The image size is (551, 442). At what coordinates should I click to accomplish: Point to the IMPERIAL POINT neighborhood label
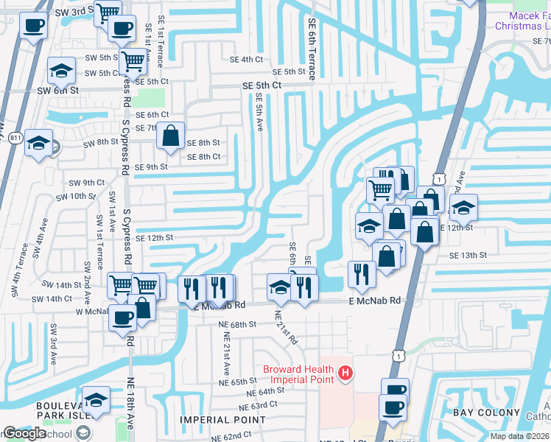223,420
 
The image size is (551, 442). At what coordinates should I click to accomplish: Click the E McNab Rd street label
374,301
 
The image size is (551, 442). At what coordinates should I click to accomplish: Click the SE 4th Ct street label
246,59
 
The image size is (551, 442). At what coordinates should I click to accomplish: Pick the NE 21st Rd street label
286,326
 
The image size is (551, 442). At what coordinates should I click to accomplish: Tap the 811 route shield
15,138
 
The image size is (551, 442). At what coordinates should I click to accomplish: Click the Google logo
25,433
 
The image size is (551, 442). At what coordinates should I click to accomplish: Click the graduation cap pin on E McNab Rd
280,288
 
